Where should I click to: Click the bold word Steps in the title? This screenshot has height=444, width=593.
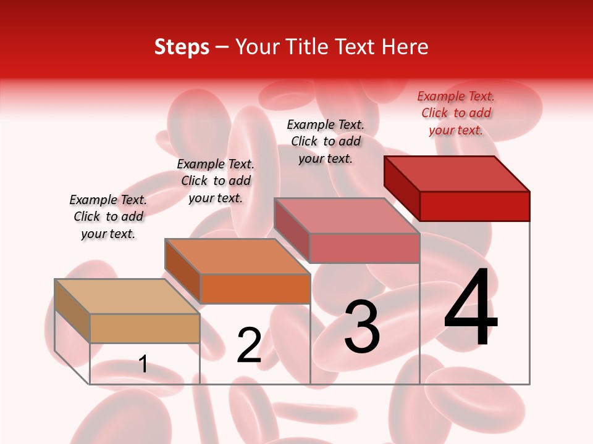(x=182, y=47)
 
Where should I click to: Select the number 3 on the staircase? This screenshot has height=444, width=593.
(x=362, y=327)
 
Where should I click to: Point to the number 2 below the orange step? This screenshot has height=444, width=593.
(x=249, y=345)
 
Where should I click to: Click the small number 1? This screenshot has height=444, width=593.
(x=143, y=364)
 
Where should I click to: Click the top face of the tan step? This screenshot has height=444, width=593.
(x=127, y=297)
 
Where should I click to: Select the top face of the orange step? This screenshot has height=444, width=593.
(x=237, y=257)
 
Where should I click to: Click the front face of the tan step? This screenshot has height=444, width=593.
(x=145, y=328)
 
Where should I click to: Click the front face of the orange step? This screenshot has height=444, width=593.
(x=254, y=289)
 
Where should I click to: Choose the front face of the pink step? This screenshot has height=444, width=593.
(x=364, y=248)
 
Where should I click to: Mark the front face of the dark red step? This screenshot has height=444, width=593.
(x=474, y=206)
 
